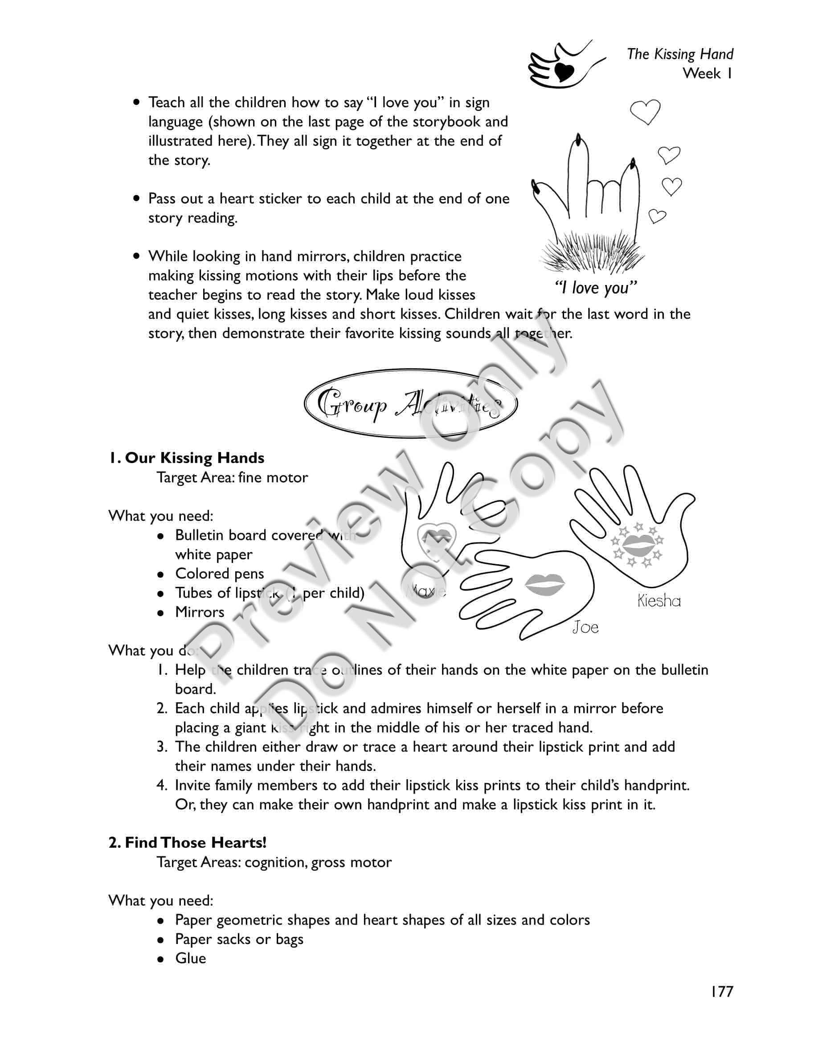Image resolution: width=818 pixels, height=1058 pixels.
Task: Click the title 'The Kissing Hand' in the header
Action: coord(679,54)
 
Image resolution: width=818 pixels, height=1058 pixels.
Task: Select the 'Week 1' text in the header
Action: coord(707,73)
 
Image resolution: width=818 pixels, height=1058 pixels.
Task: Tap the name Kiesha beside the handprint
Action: coord(658,601)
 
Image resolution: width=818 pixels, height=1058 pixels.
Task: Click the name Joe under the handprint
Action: coord(585,628)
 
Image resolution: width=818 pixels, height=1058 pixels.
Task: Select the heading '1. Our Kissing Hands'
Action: coord(187,458)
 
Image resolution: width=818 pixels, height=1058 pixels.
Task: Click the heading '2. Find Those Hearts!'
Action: coord(187,842)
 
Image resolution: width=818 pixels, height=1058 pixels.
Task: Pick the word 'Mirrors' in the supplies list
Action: coord(200,612)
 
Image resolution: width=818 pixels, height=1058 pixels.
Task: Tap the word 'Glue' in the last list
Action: coord(190,958)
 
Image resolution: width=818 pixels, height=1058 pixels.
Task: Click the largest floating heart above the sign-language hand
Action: coord(645,111)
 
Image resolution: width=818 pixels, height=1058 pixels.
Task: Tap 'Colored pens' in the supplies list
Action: coord(220,574)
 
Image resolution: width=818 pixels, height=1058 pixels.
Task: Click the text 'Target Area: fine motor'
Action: coord(232,478)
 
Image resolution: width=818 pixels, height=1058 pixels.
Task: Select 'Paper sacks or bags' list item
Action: coord(239,939)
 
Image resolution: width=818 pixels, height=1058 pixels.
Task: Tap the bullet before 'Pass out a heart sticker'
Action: coord(138,199)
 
